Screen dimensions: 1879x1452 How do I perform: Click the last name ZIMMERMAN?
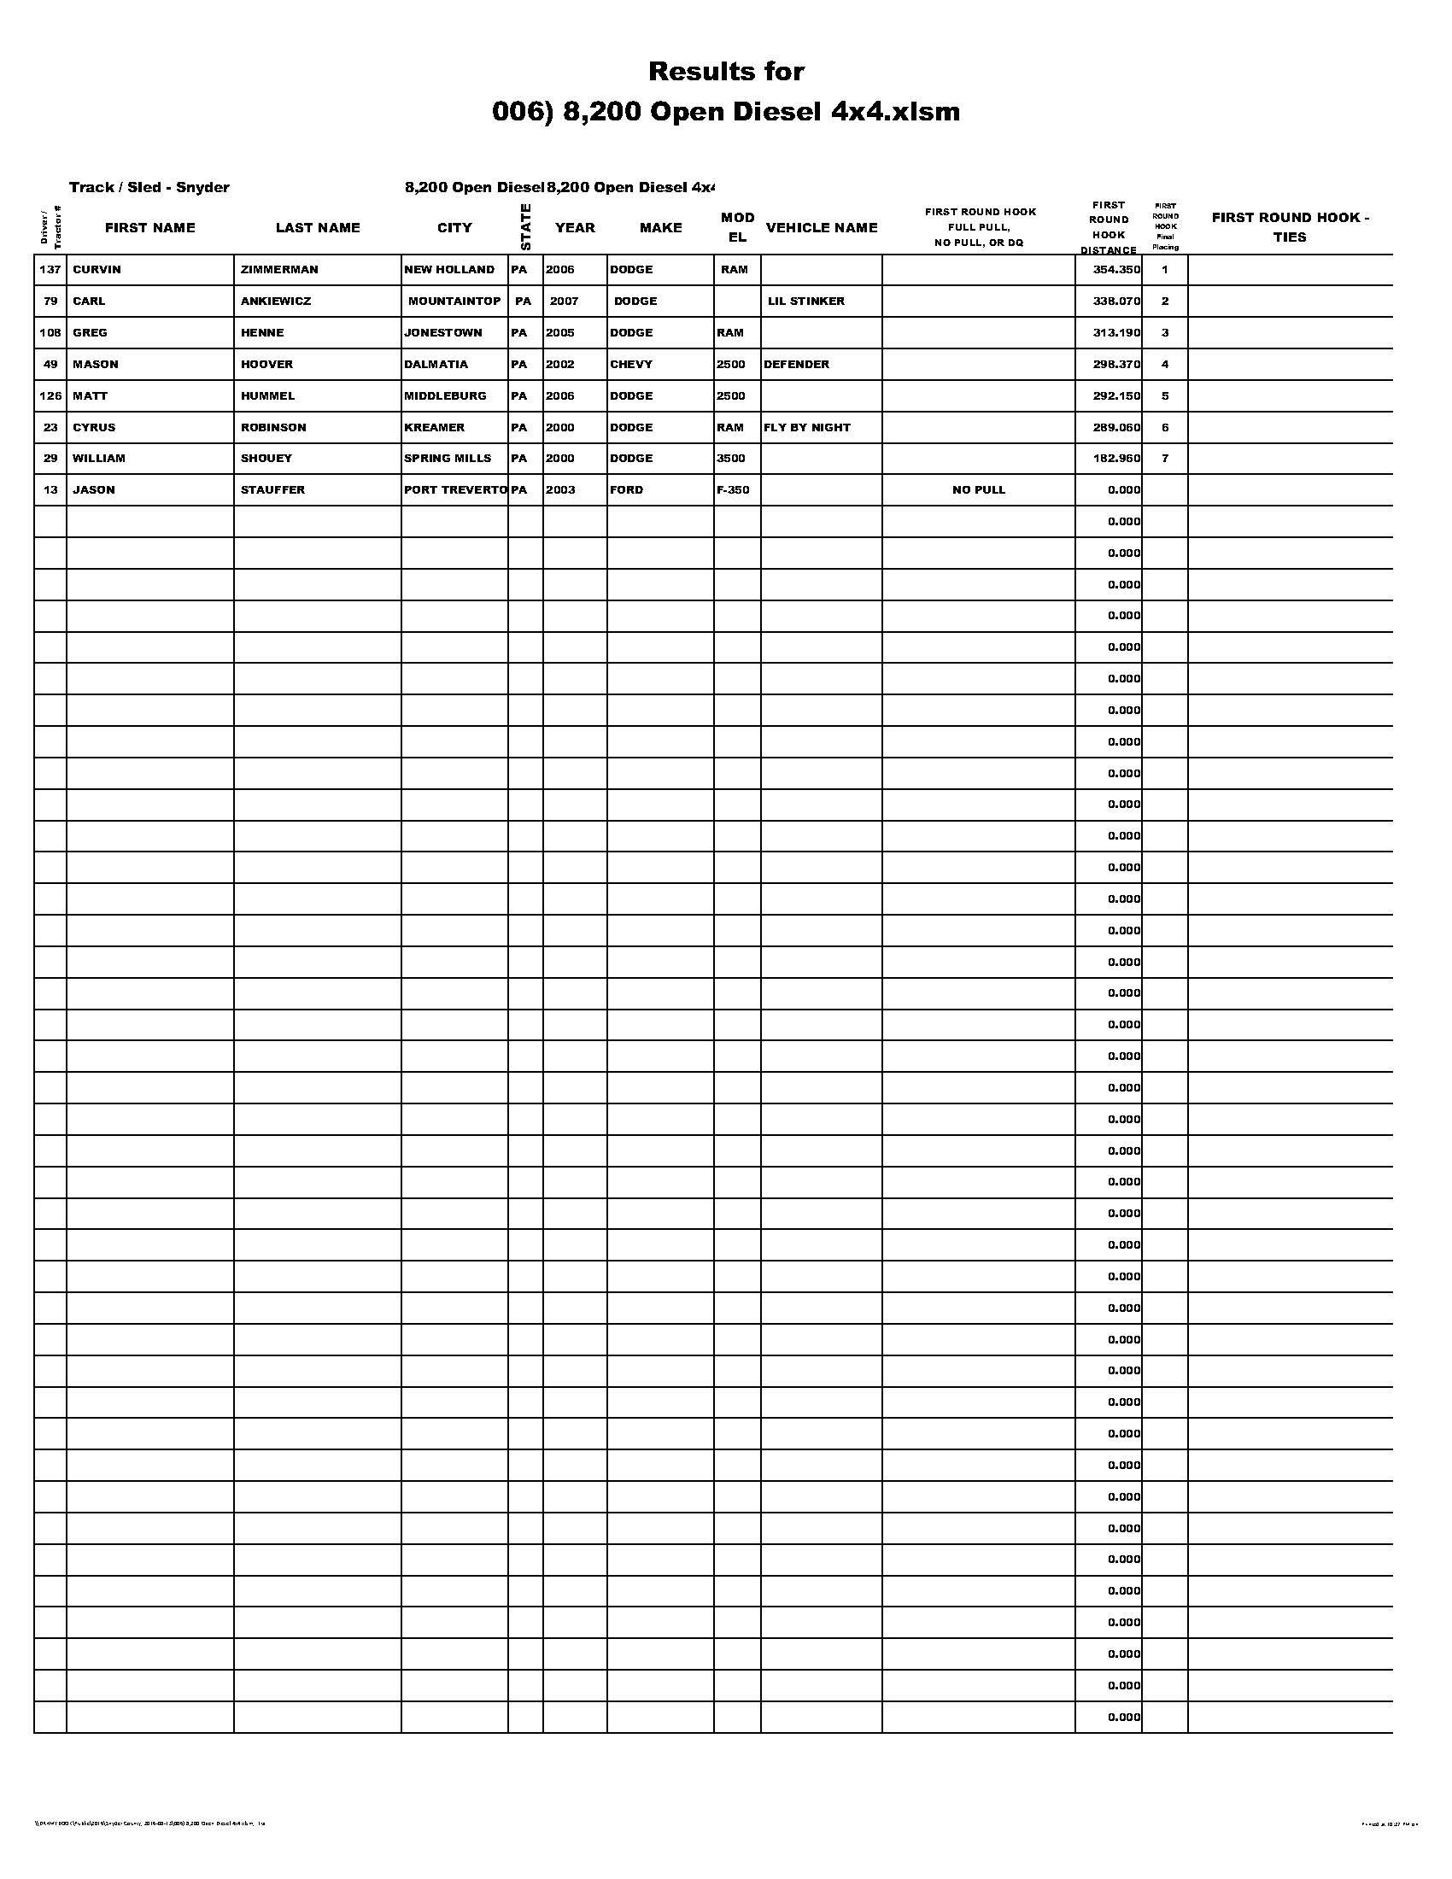tap(279, 269)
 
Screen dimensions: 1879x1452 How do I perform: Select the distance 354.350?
tap(1116, 269)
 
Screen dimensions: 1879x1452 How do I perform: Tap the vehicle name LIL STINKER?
tap(806, 301)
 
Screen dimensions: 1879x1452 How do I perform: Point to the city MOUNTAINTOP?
tap(454, 301)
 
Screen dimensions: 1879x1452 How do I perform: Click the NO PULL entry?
tap(978, 489)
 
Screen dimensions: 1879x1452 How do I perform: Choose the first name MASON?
tap(96, 364)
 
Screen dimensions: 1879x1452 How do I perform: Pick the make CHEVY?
tap(631, 364)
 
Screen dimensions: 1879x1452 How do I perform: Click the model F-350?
tap(733, 489)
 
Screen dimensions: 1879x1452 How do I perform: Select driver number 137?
tap(50, 269)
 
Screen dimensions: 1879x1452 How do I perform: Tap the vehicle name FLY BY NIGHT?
tap(807, 427)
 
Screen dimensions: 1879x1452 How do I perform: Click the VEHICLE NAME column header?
tap(822, 227)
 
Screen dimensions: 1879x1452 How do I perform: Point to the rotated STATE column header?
tap(525, 227)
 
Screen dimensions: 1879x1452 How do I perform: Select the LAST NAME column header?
tap(318, 227)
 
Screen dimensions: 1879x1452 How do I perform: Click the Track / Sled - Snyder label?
tap(149, 188)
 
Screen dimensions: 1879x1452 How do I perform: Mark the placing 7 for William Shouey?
tap(1165, 458)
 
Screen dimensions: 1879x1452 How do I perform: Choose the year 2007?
tap(565, 301)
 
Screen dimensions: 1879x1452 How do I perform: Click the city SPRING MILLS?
tap(448, 458)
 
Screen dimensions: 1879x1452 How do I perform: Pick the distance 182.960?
tap(1116, 458)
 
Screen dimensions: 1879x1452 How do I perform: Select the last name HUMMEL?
tap(267, 395)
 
